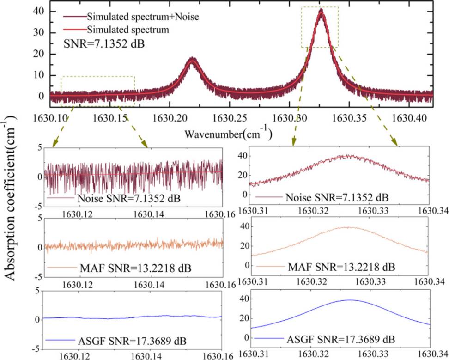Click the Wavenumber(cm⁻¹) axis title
228,134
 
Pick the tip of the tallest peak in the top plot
321,10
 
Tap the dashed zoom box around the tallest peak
320,27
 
